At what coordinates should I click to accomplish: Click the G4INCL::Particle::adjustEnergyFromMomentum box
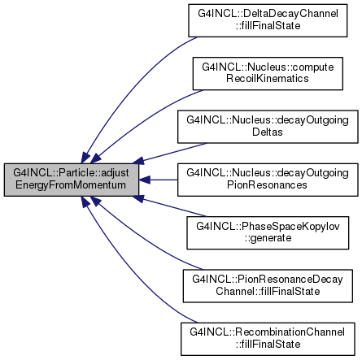pyautogui.click(x=72, y=180)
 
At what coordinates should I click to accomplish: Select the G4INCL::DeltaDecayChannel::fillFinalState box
pyautogui.click(x=268, y=20)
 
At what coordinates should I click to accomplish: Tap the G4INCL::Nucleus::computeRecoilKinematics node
pyautogui.click(x=268, y=73)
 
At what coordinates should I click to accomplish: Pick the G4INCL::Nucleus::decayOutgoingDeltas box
pyautogui.click(x=268, y=127)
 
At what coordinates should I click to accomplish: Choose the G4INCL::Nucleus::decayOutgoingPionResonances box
pyautogui.click(x=268, y=180)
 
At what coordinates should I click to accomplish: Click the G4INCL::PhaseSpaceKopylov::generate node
pyautogui.click(x=268, y=232)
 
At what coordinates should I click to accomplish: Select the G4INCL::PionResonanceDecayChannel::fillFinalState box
pyautogui.click(x=268, y=286)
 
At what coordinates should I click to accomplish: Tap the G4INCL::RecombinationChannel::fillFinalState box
pyautogui.click(x=268, y=339)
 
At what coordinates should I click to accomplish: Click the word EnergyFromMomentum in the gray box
pyautogui.click(x=71, y=185)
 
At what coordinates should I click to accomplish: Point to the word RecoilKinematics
pyautogui.click(x=268, y=79)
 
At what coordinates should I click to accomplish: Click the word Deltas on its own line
pyautogui.click(x=268, y=132)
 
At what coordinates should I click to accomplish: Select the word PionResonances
pyautogui.click(x=267, y=185)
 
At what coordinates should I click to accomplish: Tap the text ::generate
pyautogui.click(x=268, y=238)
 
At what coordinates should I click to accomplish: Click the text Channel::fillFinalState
pyautogui.click(x=268, y=291)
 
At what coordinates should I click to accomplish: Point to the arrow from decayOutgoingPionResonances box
pyautogui.click(x=158, y=180)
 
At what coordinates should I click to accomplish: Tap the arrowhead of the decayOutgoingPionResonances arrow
pyautogui.click(x=144, y=180)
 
